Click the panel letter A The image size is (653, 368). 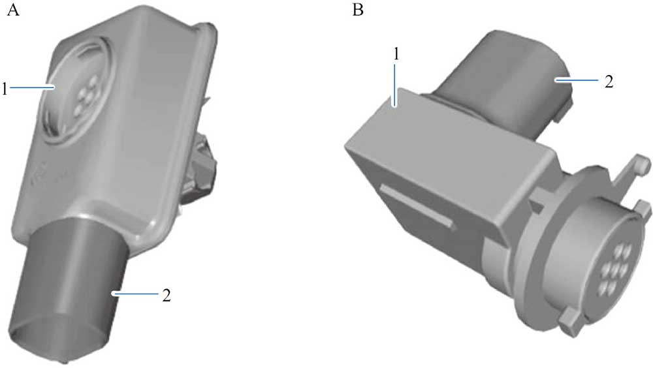tap(11, 11)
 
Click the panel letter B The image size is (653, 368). tap(357, 11)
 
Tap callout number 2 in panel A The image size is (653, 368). tap(167, 295)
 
